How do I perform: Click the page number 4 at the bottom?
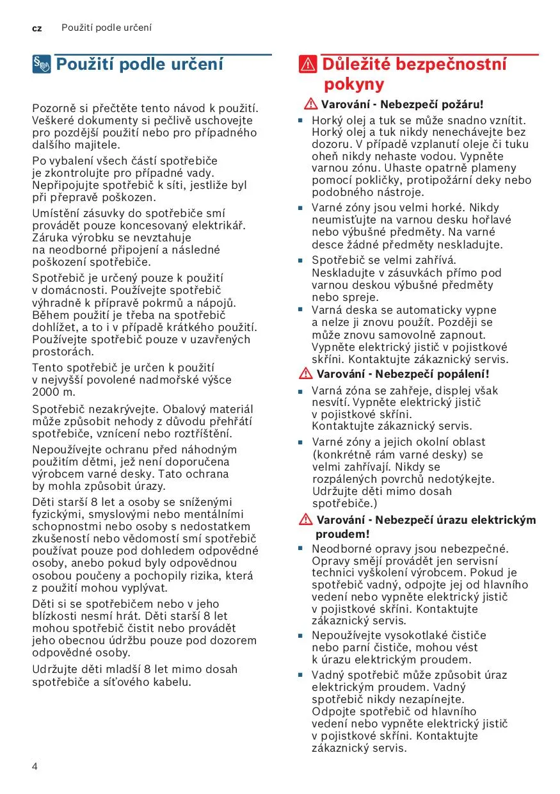tap(35, 766)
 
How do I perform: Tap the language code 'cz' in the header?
tap(36, 29)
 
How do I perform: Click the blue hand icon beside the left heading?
tap(42, 64)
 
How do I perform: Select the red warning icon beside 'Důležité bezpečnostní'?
tap(308, 65)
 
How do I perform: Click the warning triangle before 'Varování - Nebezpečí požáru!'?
tap(311, 104)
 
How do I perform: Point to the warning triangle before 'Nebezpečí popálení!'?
tap(305, 374)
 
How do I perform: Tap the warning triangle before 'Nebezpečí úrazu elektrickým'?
tap(305, 520)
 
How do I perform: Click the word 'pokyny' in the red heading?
tap(354, 85)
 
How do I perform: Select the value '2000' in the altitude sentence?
tap(45, 392)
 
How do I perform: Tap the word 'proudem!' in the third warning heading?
tap(343, 534)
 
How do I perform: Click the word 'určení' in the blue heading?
tap(198, 64)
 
